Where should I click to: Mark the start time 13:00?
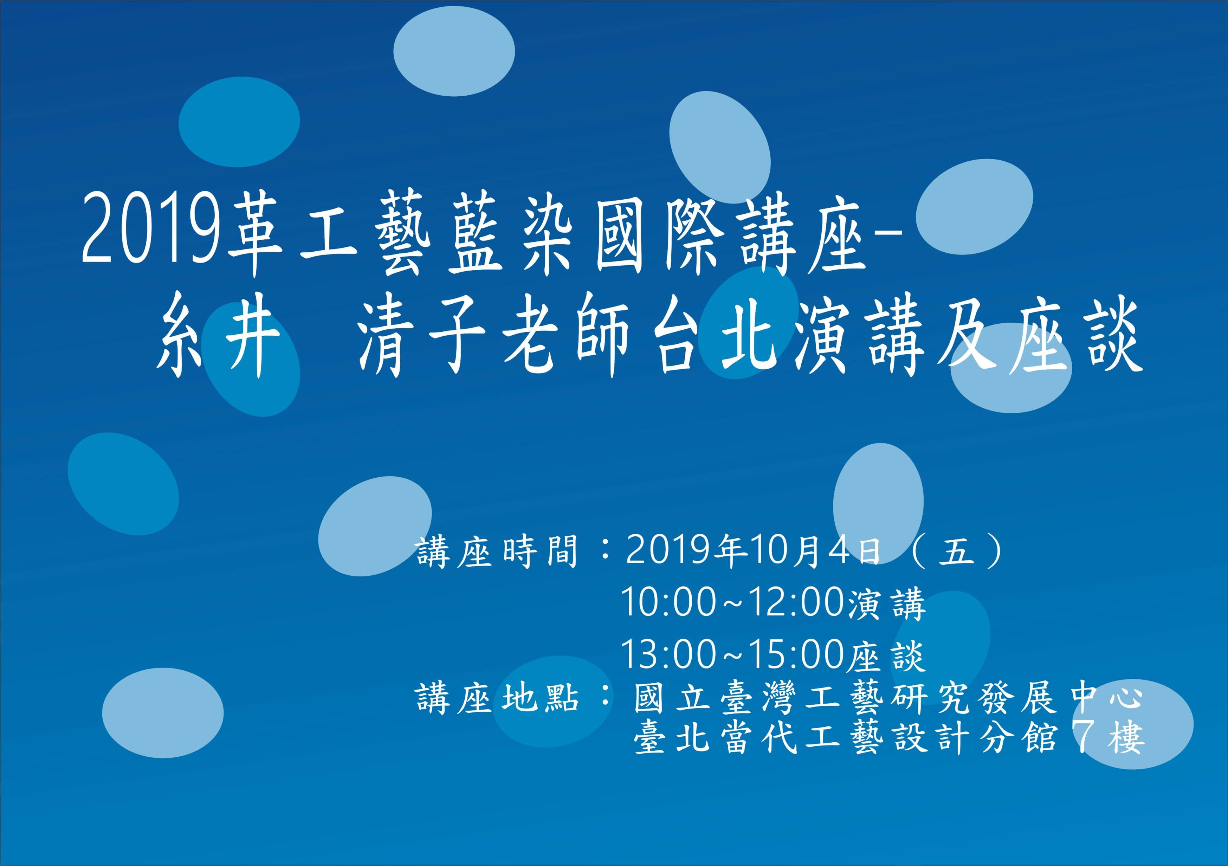pyautogui.click(x=668, y=654)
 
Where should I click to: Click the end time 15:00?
pyautogui.click(x=797, y=654)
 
